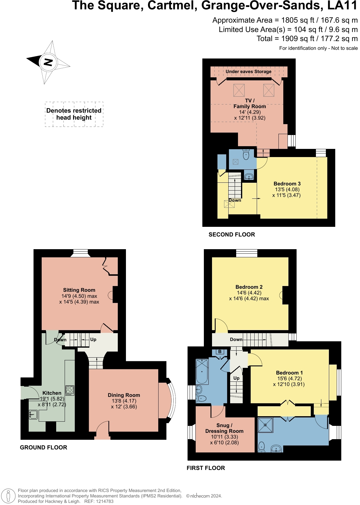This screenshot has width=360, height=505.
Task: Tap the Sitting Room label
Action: pos(79,290)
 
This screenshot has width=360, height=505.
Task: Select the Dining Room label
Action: pos(124,395)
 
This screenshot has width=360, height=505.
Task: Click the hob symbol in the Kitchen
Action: pos(70,390)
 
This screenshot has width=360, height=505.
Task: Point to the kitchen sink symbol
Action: pos(33,415)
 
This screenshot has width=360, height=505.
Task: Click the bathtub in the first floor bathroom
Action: pos(202,371)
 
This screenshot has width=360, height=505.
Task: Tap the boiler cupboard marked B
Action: pos(220,352)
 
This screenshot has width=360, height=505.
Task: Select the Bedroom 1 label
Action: pos(289,373)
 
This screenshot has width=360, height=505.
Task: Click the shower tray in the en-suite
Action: pos(265,425)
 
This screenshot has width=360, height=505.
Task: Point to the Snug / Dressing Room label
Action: pos(224,428)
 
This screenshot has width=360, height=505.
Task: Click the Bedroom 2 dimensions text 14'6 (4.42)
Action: pos(249,293)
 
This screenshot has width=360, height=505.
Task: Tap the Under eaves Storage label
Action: pos(249,72)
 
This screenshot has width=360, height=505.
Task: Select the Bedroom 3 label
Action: pos(287,184)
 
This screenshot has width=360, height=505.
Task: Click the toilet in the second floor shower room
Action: pos(246,155)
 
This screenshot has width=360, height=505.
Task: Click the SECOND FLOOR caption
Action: pos(232,234)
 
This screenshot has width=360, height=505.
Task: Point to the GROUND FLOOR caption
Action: pos(43,447)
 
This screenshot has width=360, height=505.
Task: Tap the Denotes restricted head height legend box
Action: pos(74,114)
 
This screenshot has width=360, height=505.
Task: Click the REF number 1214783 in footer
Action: pos(103,501)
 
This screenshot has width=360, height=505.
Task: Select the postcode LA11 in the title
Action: pos(342,6)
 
